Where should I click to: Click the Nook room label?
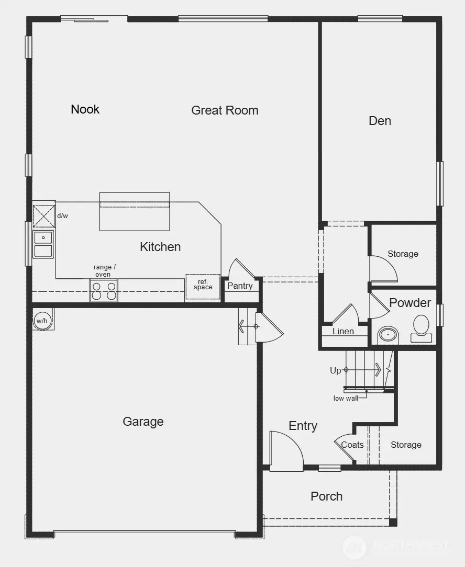click(x=85, y=109)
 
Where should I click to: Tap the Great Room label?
click(x=225, y=110)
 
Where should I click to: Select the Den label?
click(x=380, y=121)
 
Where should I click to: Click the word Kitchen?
click(x=160, y=247)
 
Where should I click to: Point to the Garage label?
click(x=143, y=422)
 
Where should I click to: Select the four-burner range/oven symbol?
click(x=104, y=290)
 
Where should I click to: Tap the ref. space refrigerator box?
click(x=203, y=286)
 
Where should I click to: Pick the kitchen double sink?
click(x=43, y=244)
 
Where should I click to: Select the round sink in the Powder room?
click(x=388, y=334)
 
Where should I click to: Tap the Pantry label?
click(x=240, y=286)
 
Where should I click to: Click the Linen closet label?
click(x=343, y=331)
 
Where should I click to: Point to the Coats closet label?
click(x=352, y=445)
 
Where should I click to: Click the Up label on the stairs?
click(x=335, y=370)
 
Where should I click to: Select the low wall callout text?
click(x=346, y=399)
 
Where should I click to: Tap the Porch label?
click(x=326, y=496)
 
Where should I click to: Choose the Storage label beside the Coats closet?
click(x=406, y=445)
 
